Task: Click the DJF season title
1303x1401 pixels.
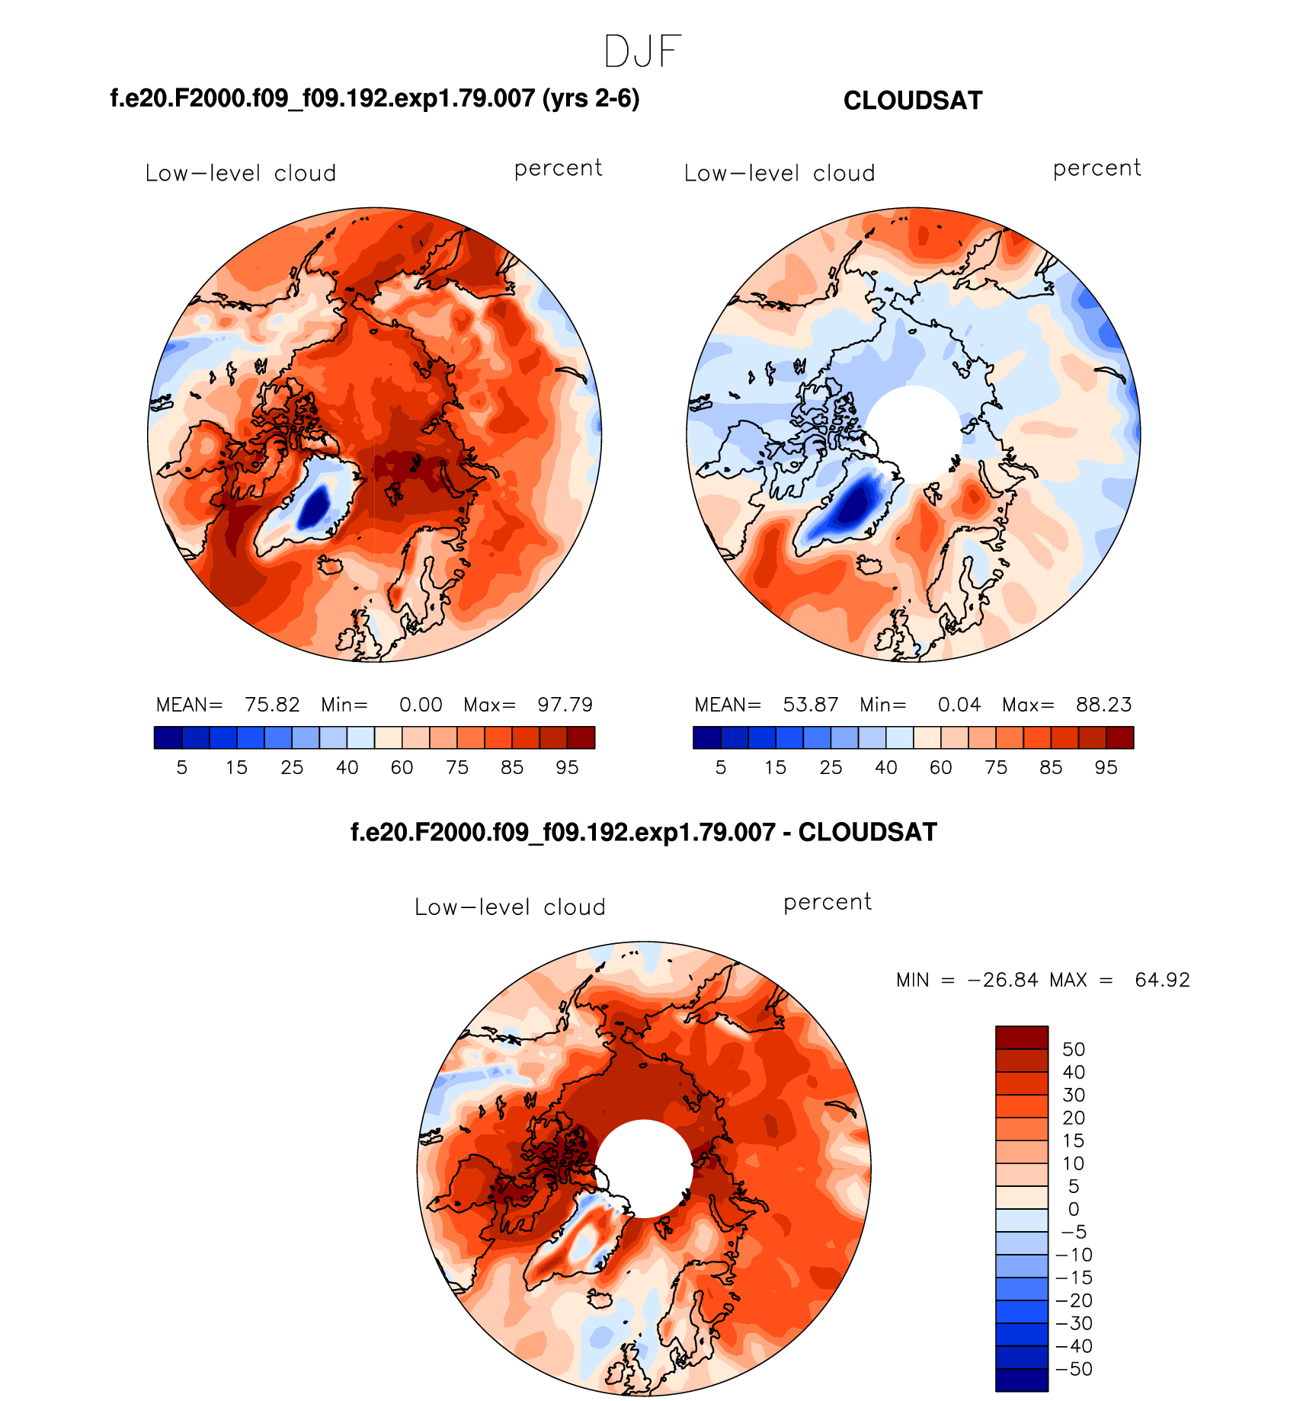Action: coord(642,52)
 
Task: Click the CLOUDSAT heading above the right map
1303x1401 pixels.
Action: coord(912,101)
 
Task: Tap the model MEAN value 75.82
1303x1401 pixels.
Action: coord(271,705)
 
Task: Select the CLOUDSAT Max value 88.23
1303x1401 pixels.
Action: coord(1103,705)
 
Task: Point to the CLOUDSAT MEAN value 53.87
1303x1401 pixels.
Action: coord(810,705)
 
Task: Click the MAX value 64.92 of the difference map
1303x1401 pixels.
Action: coord(1162,980)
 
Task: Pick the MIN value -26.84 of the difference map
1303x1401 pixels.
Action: coord(1003,980)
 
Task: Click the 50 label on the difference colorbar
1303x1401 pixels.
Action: coord(1073,1049)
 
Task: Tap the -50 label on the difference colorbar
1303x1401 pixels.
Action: coord(1074,1369)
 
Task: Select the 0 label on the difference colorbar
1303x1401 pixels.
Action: coord(1073,1209)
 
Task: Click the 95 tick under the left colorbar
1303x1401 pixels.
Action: coord(567,768)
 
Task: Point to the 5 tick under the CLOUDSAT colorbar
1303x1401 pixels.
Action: coord(721,768)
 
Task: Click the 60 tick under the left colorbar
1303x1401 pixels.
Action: coord(402,768)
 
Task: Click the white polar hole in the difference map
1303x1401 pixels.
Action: coord(644,1168)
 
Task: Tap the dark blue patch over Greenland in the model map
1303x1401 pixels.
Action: coord(313,505)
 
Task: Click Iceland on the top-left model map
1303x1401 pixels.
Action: coord(331,565)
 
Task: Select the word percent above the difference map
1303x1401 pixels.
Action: coord(827,902)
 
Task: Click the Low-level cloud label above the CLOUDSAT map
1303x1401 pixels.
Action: coord(779,174)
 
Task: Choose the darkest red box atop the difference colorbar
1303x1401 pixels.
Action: coord(1022,1038)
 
